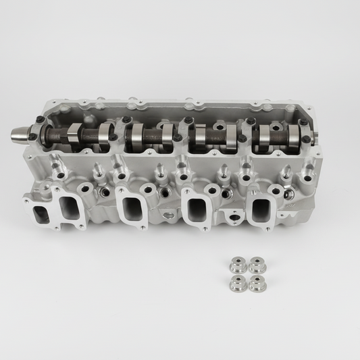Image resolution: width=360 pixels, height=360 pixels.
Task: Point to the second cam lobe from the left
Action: pyautogui.click(x=105, y=134)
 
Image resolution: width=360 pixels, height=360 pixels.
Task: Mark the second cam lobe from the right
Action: pyautogui.click(x=262, y=134)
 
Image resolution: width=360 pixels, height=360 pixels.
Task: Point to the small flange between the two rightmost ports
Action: pyautogui.click(x=234, y=221)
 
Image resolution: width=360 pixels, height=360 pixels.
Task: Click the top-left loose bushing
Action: pyautogui.click(x=236, y=264)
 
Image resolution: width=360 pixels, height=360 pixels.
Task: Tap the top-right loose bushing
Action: pyautogui.click(x=255, y=264)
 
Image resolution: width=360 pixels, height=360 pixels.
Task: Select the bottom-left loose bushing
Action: pyautogui.click(x=236, y=283)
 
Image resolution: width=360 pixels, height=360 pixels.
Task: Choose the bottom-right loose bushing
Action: pyautogui.click(x=256, y=284)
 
